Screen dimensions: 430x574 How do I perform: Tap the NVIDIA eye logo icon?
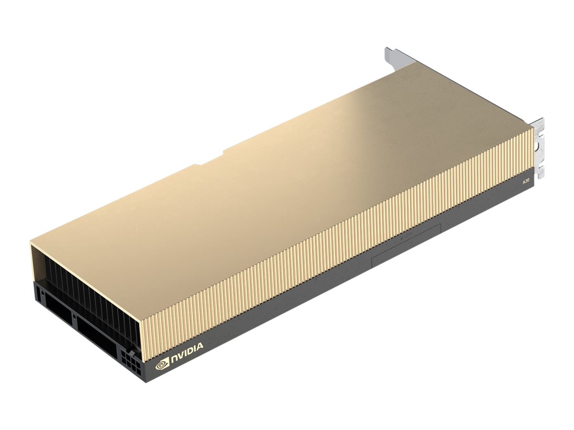(x=162, y=365)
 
